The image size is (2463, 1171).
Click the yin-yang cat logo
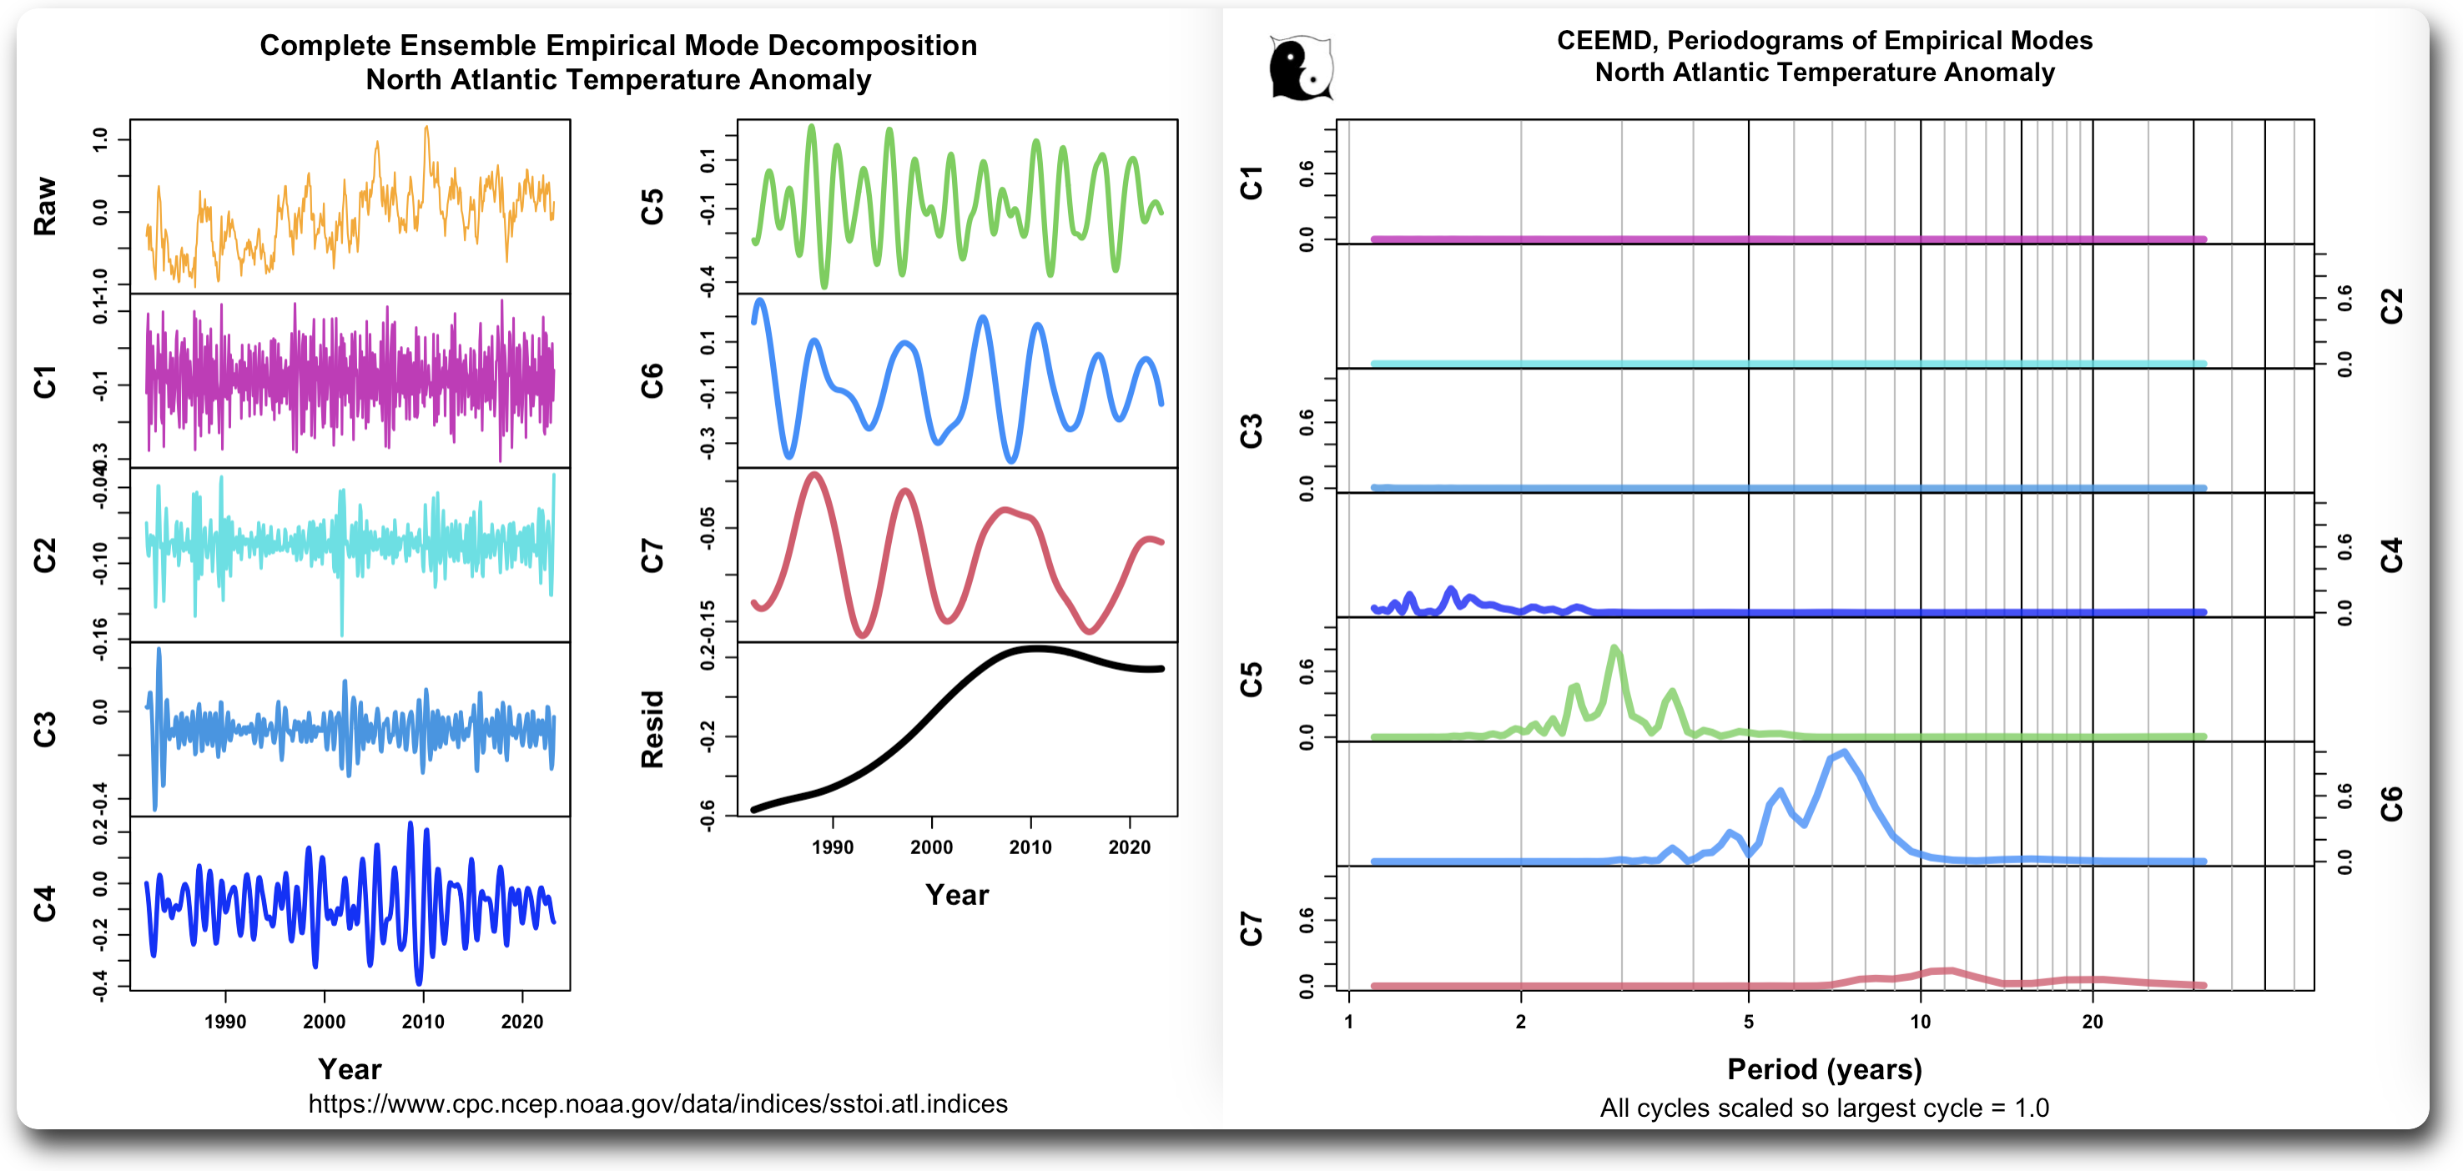1301,68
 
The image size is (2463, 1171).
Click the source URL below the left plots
657,1104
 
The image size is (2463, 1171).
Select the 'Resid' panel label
652,729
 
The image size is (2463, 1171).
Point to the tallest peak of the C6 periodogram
1843,753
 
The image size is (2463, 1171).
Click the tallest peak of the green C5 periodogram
1614,649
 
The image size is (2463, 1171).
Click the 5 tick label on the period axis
1749,1022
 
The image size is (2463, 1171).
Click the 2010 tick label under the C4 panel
423,1022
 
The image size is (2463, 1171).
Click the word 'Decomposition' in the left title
872,45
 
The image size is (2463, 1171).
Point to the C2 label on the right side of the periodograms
2390,306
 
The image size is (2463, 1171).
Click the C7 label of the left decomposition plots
652,555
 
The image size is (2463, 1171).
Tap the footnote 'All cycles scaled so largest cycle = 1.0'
1824,1108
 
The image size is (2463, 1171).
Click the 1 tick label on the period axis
1348,1022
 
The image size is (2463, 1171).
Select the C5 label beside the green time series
652,207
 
